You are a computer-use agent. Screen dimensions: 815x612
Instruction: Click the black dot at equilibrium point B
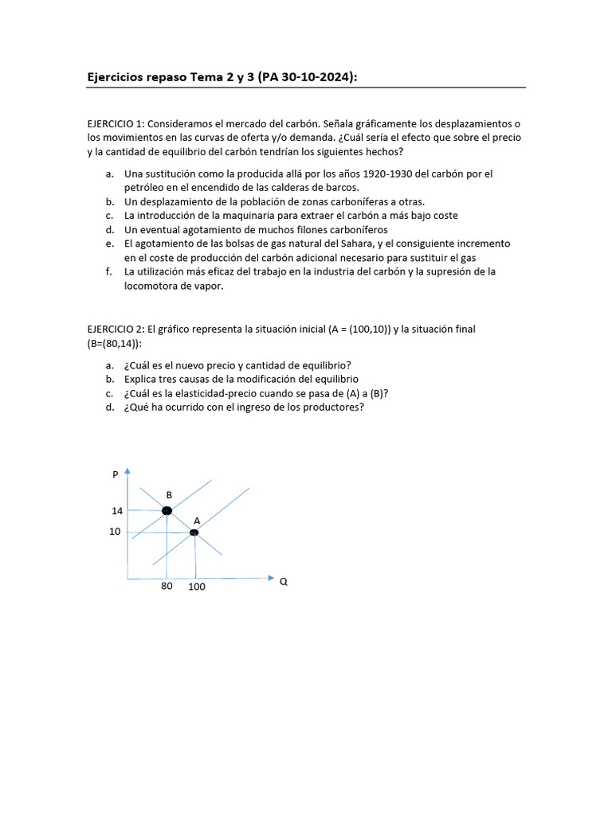[167, 510]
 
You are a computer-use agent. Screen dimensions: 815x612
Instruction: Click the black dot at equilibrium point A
[194, 532]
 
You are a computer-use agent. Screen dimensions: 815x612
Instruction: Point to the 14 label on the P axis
[117, 511]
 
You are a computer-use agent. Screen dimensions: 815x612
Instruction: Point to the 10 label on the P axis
[115, 532]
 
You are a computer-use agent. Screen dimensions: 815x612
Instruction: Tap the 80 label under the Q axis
[167, 587]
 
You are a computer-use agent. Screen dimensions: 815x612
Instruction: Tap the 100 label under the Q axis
[196, 587]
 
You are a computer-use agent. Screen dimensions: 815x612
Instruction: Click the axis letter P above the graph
[116, 475]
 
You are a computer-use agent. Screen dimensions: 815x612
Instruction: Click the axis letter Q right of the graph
[283, 581]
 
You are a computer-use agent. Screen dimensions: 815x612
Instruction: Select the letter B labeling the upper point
[169, 495]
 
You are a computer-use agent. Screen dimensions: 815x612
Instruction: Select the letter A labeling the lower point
[196, 521]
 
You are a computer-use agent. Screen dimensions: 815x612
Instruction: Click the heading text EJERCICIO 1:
[116, 123]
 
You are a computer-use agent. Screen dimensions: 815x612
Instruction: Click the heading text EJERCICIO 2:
[116, 329]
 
